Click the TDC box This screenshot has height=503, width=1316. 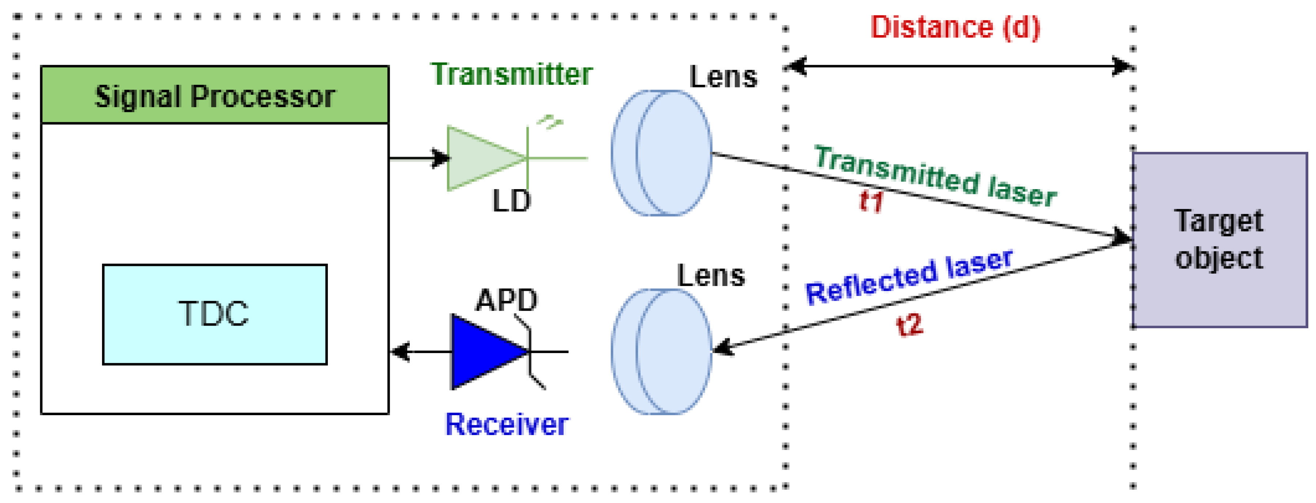click(x=215, y=314)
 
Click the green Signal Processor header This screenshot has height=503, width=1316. click(x=215, y=95)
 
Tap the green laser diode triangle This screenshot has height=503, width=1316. click(x=480, y=158)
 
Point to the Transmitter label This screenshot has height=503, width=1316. click(x=511, y=74)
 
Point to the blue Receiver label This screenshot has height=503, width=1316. click(x=506, y=424)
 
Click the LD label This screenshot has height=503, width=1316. click(x=511, y=201)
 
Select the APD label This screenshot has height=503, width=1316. click(x=506, y=300)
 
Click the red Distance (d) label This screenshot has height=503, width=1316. click(x=955, y=27)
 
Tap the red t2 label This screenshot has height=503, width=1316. click(x=910, y=324)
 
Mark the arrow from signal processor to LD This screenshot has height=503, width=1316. click(x=419, y=158)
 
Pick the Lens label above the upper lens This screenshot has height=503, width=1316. click(x=723, y=77)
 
